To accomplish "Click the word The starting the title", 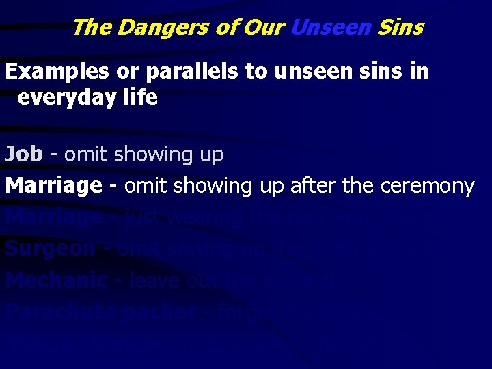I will pos(92,28).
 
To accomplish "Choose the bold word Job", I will pos(23,154).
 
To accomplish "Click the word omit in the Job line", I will pos(87,154).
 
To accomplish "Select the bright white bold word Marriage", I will pos(53,186).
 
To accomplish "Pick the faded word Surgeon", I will pos(50,249).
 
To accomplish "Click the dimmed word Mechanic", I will pos(55,280).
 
